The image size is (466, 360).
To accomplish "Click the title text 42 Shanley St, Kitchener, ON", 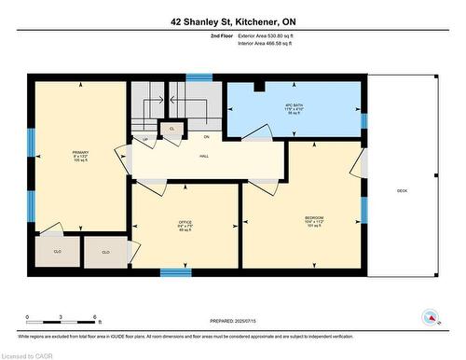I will click(x=232, y=21).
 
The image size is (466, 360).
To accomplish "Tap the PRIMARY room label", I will click(x=79, y=155).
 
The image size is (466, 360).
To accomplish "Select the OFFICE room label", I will click(x=185, y=225).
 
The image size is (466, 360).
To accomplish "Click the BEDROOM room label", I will click(x=314, y=221).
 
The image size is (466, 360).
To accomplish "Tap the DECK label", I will click(x=402, y=191).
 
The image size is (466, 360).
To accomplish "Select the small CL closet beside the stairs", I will click(x=171, y=129).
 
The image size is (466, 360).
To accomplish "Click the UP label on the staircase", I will click(x=146, y=140).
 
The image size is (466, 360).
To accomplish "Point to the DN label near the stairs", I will click(x=206, y=136).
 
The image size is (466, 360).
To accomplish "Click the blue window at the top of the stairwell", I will click(x=199, y=77).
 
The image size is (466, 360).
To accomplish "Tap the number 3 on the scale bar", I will click(x=61, y=317).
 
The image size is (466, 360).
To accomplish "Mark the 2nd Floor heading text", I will click(x=197, y=35).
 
